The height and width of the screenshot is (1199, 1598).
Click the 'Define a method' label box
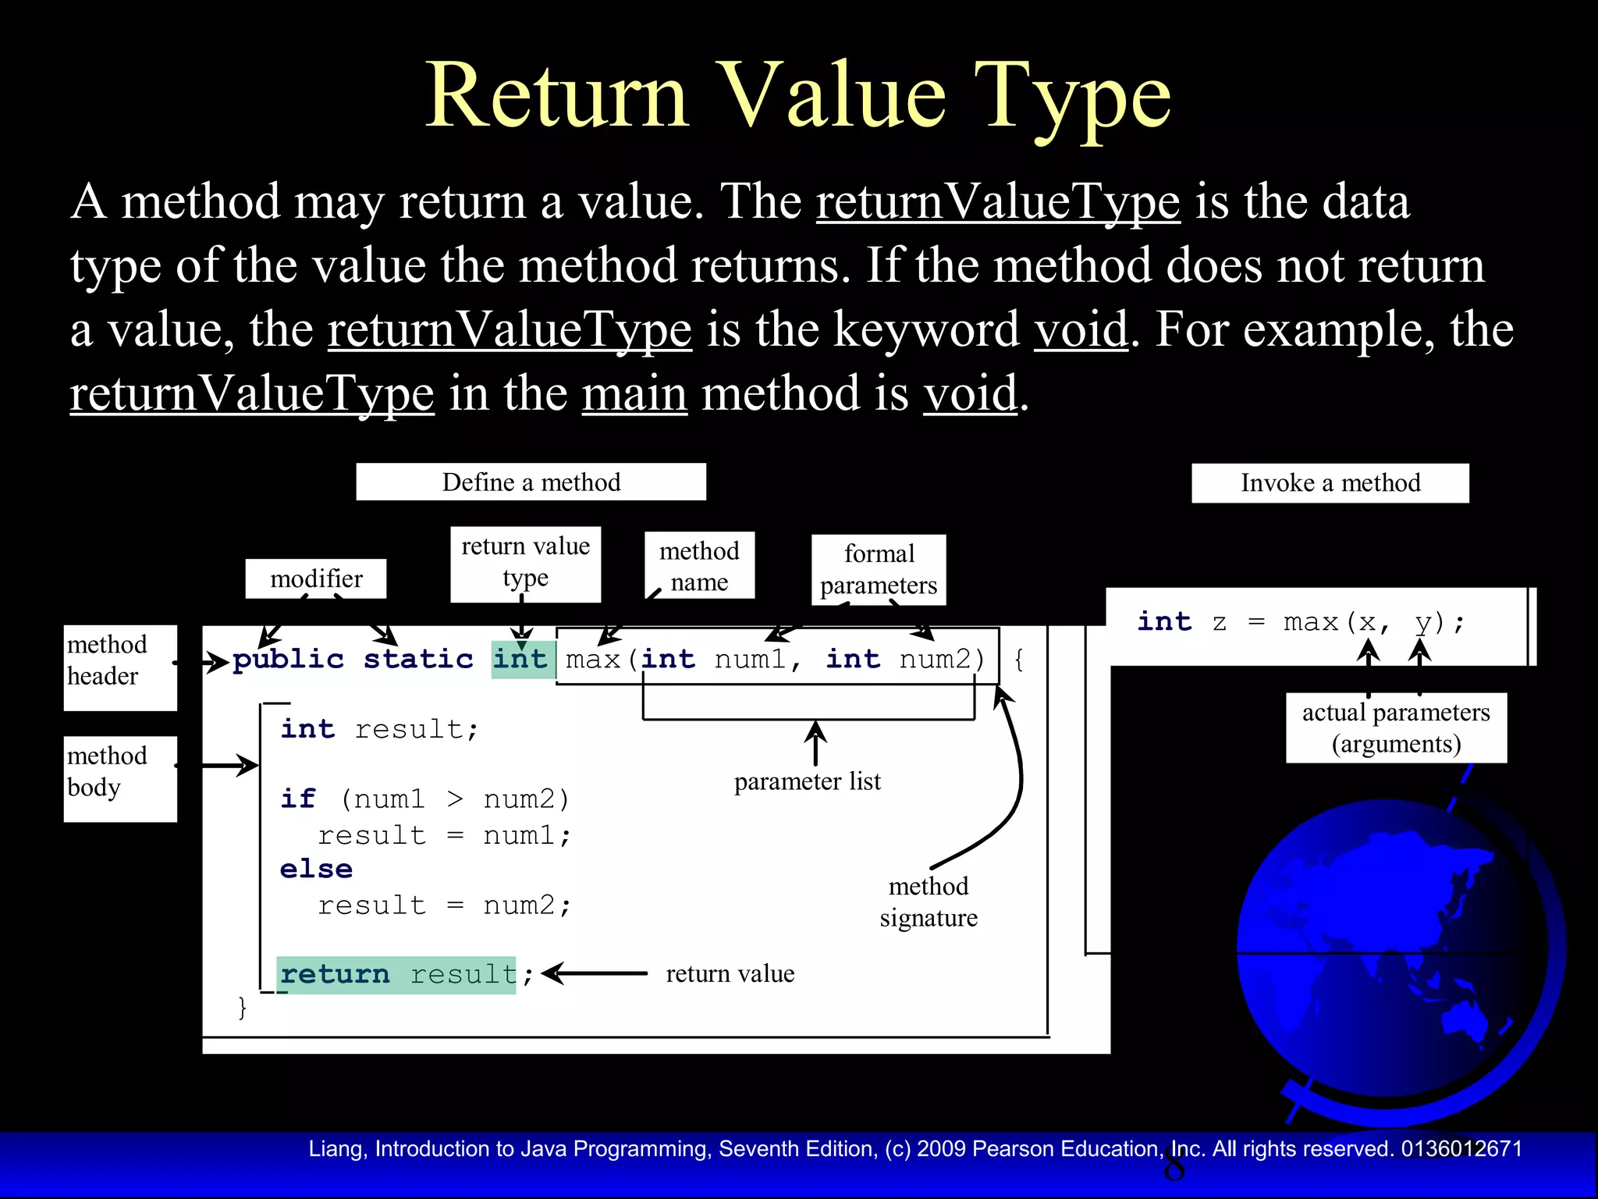click(531, 482)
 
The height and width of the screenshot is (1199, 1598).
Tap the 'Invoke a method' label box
click(1330, 482)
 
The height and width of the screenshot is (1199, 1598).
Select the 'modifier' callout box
click(316, 578)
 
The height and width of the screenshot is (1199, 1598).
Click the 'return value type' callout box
click(525, 563)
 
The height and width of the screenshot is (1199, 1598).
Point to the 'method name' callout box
click(699, 566)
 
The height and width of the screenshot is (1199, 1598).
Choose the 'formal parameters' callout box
click(879, 570)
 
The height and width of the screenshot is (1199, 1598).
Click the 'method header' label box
click(120, 667)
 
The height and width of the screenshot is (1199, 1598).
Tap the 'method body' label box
click(120, 777)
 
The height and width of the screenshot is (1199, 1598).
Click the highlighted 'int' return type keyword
click(520, 659)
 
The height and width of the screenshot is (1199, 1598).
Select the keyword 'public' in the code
click(288, 660)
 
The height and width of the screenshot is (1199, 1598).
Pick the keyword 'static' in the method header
click(418, 660)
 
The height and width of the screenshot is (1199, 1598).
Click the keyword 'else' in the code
click(316, 869)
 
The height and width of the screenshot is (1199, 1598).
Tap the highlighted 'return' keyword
click(335, 974)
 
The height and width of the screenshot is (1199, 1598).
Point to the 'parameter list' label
click(807, 781)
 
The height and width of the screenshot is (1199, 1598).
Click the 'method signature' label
click(929, 902)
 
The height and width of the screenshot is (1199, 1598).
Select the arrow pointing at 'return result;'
click(595, 973)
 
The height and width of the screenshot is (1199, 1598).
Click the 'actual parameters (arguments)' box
click(1396, 728)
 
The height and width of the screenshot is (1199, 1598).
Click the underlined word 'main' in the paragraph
click(634, 393)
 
